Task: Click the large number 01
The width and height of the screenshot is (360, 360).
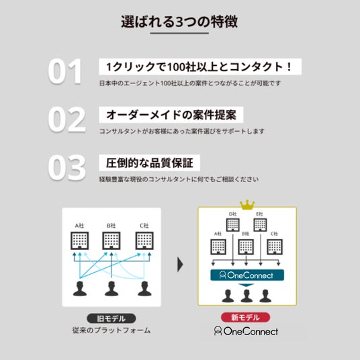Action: click(65, 71)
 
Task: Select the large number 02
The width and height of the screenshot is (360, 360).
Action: click(66, 120)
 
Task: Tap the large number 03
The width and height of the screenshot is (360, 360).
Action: click(66, 168)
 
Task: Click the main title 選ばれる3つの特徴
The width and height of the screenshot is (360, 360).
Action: click(179, 21)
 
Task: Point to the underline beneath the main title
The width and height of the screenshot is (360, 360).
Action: click(179, 33)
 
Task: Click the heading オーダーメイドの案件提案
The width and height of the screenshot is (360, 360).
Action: click(171, 115)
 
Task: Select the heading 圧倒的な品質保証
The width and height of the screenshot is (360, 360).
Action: click(150, 163)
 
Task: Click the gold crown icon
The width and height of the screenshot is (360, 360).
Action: click(247, 204)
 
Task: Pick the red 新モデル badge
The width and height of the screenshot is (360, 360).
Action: click(245, 317)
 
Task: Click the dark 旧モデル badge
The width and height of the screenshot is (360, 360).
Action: click(111, 318)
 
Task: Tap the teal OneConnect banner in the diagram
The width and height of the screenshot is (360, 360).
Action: click(247, 275)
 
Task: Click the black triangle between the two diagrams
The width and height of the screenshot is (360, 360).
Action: click(180, 265)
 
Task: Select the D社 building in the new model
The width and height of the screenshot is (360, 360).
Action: click(233, 225)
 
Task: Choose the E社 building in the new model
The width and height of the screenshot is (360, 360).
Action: click(260, 225)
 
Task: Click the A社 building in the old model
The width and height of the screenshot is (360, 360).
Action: click(79, 241)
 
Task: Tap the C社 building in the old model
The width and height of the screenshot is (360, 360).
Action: click(144, 241)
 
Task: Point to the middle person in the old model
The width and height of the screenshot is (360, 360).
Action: click(111, 289)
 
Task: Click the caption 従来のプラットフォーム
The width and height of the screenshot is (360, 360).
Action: click(111, 330)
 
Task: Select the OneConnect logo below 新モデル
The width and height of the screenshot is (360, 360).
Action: click(246, 331)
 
